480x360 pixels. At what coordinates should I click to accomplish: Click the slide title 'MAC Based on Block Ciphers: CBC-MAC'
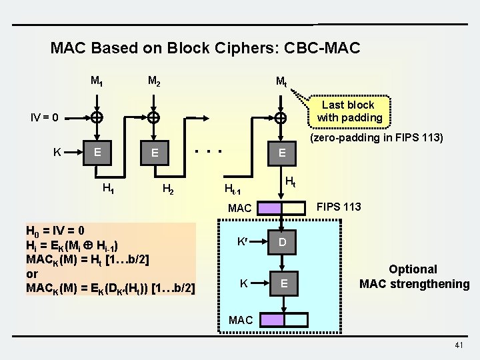[205, 48]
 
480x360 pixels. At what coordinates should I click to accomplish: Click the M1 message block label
[97, 82]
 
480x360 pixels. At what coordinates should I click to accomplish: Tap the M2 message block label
[153, 82]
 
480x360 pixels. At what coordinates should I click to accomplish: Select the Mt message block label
[281, 83]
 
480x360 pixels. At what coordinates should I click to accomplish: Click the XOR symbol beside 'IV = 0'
[97, 118]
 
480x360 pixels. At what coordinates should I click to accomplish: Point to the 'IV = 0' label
[45, 118]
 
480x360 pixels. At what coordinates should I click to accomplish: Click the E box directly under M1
[97, 152]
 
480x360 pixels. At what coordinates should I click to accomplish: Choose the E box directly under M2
[154, 153]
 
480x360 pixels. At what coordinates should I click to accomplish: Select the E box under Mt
[282, 153]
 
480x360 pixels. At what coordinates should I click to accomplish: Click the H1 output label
[107, 188]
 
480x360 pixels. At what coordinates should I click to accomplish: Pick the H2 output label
[169, 189]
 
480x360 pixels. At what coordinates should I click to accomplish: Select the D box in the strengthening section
[283, 242]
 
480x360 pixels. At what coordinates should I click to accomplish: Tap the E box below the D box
[283, 284]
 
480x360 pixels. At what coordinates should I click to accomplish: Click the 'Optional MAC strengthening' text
[414, 277]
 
